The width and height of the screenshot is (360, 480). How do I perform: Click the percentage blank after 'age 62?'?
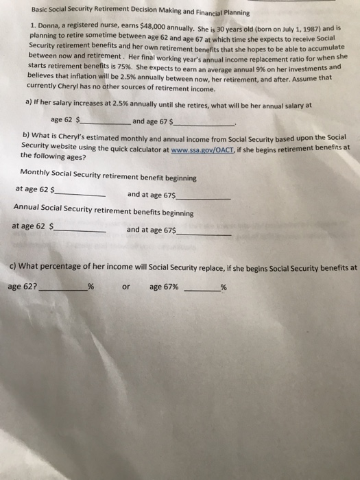coord(63,288)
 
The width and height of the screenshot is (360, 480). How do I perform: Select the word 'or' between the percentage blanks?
coord(125,287)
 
